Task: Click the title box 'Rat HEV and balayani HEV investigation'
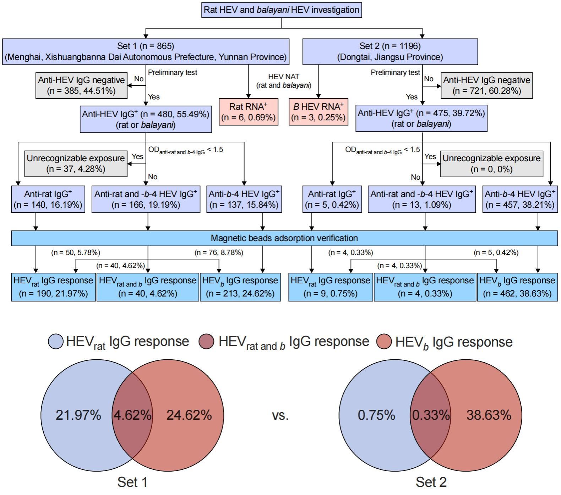(282, 10)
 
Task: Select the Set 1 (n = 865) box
(146, 51)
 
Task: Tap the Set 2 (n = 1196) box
(390, 51)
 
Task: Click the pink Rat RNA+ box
(248, 112)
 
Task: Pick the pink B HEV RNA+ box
(318, 112)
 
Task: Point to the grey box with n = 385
(81, 85)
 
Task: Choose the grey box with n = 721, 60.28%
(486, 85)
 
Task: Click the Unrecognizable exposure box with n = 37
(76, 163)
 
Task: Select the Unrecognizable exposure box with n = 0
(491, 163)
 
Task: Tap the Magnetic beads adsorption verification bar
(284, 238)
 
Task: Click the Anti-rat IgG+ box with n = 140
(48, 199)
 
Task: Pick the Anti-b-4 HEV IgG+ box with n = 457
(520, 199)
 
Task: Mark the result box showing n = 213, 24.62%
(240, 287)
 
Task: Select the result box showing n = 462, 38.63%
(517, 287)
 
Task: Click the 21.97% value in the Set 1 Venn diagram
(78, 415)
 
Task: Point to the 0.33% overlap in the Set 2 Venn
(431, 415)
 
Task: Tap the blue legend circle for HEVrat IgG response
(56, 342)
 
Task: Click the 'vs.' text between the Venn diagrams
(280, 415)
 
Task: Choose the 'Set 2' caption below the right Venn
(431, 482)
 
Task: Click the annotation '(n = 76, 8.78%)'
(219, 252)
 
